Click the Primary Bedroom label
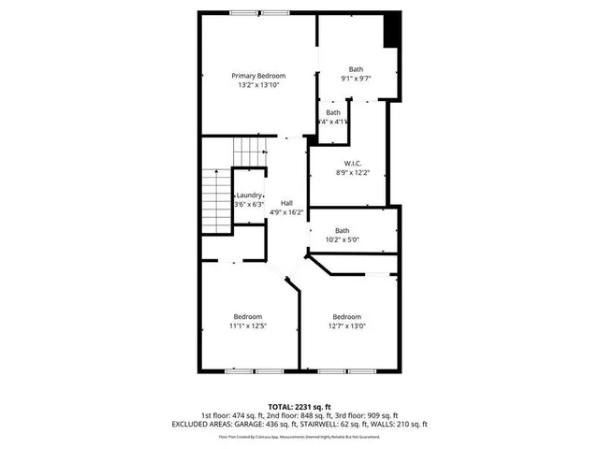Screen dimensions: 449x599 coord(258,76)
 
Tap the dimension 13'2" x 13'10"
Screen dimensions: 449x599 coord(258,85)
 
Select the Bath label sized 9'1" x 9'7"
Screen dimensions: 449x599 coord(356,69)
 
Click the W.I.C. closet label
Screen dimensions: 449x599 coord(353,163)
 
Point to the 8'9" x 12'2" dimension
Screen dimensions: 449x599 coord(353,172)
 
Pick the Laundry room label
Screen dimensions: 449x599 coord(248,195)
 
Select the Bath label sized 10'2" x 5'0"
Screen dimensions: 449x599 coord(342,231)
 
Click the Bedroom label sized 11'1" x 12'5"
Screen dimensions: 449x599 coord(248,316)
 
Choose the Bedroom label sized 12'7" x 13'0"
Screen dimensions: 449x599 coord(346,316)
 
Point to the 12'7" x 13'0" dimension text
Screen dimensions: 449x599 coord(346,326)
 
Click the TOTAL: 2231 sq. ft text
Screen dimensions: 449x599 coord(299,407)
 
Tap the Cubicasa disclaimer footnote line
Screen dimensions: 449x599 coord(299,436)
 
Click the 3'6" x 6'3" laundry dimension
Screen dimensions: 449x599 coord(248,204)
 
